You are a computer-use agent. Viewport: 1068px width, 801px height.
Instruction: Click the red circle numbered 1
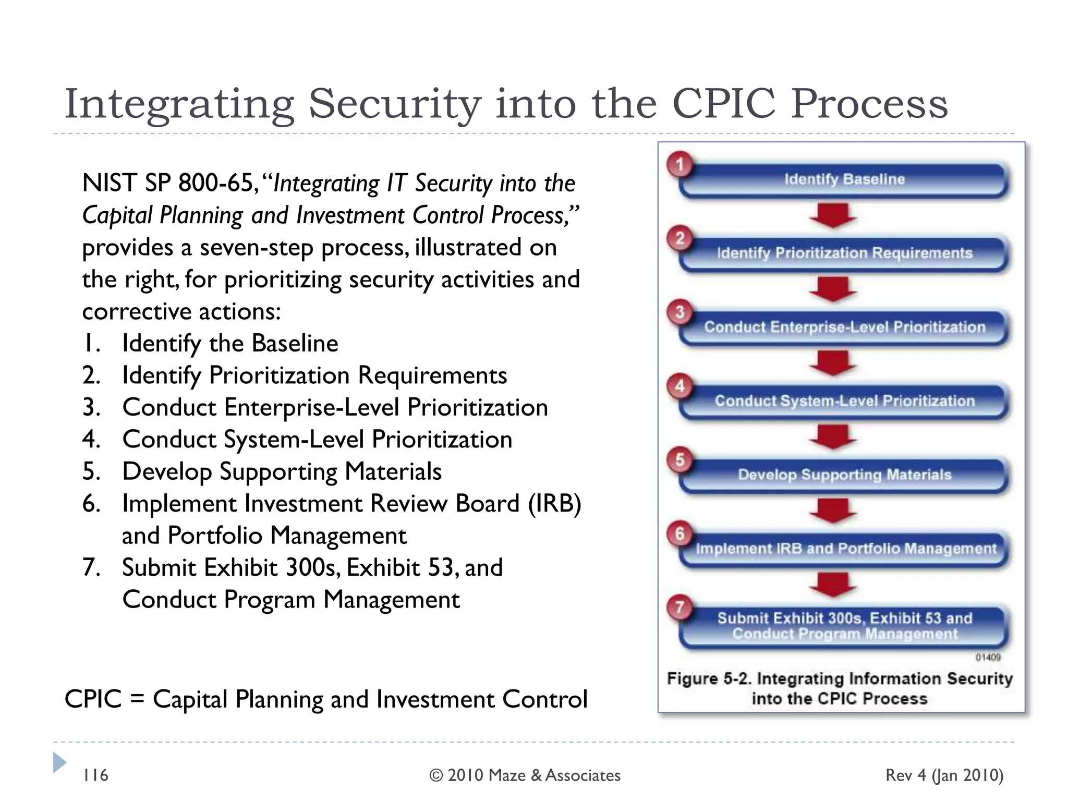pyautogui.click(x=679, y=165)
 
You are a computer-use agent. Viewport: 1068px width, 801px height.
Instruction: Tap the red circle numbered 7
pyautogui.click(x=679, y=608)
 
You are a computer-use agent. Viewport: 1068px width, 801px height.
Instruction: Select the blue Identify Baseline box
pyautogui.click(x=844, y=180)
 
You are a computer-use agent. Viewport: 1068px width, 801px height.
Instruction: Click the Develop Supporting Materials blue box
pyautogui.click(x=844, y=475)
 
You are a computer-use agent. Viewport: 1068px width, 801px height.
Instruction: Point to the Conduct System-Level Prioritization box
pyautogui.click(x=844, y=401)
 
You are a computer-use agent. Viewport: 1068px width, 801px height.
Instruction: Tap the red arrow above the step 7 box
pyautogui.click(x=832, y=585)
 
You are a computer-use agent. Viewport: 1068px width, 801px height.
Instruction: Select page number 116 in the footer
pyautogui.click(x=95, y=775)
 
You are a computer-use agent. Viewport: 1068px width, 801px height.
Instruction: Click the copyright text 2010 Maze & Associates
pyautogui.click(x=525, y=775)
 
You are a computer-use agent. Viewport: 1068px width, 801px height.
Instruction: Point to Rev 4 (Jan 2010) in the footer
pyautogui.click(x=944, y=775)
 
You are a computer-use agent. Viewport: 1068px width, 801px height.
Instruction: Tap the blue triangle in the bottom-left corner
pyautogui.click(x=59, y=762)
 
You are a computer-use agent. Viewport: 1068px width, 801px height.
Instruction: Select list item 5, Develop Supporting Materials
pyautogui.click(x=282, y=471)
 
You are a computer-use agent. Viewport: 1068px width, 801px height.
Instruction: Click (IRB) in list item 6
pyautogui.click(x=554, y=504)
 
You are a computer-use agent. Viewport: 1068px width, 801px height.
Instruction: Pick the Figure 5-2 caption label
pyautogui.click(x=709, y=679)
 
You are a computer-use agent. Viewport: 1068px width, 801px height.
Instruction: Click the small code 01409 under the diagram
pyautogui.click(x=988, y=658)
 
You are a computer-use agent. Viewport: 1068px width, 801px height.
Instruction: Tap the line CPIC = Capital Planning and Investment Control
pyautogui.click(x=326, y=699)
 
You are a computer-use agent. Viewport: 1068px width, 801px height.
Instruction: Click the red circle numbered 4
pyautogui.click(x=679, y=386)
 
